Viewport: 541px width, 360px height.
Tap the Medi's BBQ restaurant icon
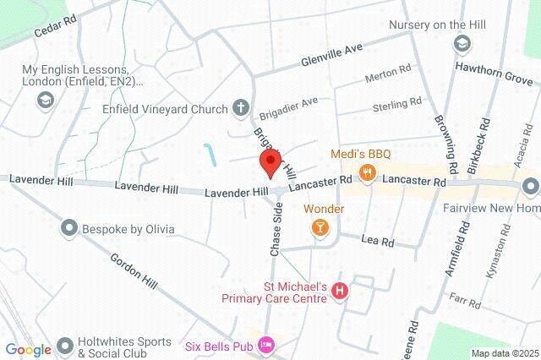click(x=367, y=174)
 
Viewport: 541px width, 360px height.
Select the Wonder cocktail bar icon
click(x=320, y=226)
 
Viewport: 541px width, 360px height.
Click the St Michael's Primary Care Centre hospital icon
click(x=340, y=292)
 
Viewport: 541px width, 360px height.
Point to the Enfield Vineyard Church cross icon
click(x=241, y=108)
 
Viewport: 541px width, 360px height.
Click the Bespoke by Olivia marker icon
click(x=68, y=228)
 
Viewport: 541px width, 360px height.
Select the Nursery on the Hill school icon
click(x=462, y=43)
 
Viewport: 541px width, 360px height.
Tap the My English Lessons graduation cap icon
click(x=43, y=101)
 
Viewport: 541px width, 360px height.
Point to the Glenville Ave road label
click(x=332, y=56)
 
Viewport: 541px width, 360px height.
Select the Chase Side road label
click(x=275, y=230)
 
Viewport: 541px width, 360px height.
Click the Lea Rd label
click(x=378, y=242)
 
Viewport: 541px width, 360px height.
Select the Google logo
click(x=28, y=349)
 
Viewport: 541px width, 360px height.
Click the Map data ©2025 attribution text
click(x=504, y=353)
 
